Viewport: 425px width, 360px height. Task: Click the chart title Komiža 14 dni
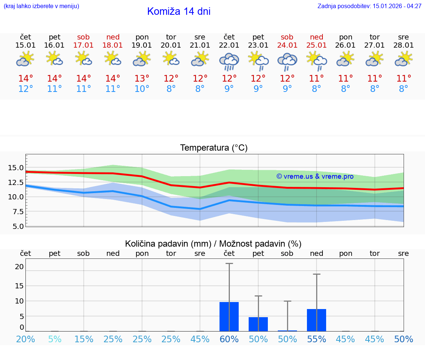[x=179, y=11]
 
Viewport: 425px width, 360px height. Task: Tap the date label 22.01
[x=229, y=45]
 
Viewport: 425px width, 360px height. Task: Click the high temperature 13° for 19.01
[x=142, y=79]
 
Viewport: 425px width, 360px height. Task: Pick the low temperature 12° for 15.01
[x=25, y=89]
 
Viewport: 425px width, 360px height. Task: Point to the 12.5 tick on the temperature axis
[x=16, y=182]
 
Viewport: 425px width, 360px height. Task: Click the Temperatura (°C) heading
[x=214, y=148]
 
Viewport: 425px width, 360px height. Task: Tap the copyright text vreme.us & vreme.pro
[x=315, y=176]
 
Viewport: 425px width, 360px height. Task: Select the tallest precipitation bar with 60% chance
[x=229, y=316]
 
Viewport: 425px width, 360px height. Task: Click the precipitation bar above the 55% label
[x=317, y=320]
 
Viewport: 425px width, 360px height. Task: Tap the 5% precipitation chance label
[x=55, y=339]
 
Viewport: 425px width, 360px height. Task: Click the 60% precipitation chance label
[x=229, y=339]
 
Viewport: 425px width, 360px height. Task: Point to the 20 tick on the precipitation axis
[x=19, y=267]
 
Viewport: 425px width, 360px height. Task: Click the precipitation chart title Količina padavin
[x=213, y=244]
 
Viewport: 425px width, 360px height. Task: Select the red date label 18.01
[x=113, y=45]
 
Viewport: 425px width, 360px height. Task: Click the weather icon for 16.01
[x=55, y=59]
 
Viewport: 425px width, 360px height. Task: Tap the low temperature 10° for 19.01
[x=142, y=89]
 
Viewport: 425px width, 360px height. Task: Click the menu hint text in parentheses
[x=41, y=6]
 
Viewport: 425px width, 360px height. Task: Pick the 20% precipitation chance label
[x=25, y=339]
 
